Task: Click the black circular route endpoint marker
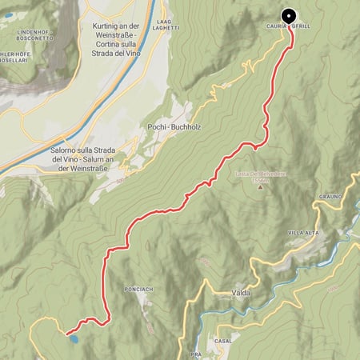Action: (x=288, y=15)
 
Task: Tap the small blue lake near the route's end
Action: (x=73, y=339)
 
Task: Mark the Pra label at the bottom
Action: (x=195, y=353)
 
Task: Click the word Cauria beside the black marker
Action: (x=271, y=25)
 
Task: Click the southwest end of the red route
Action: (x=66, y=331)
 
